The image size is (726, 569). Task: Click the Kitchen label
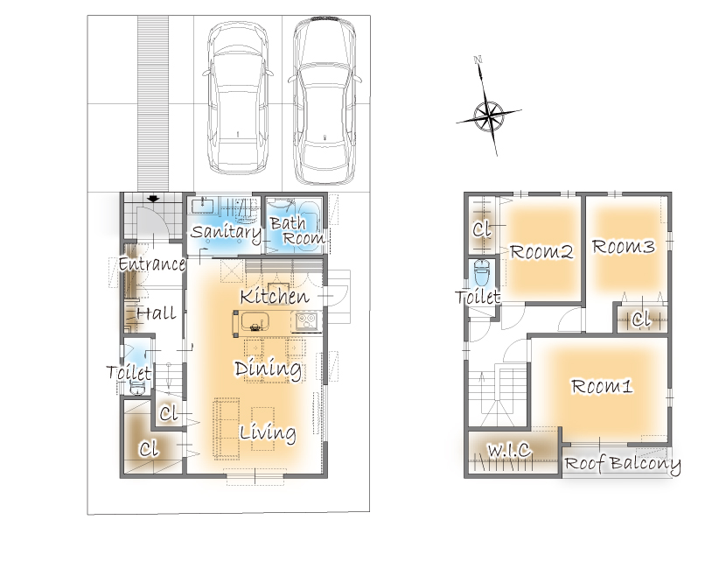(x=275, y=297)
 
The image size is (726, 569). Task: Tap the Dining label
(x=268, y=369)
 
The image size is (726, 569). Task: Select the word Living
(x=268, y=433)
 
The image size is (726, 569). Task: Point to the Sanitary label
(x=226, y=232)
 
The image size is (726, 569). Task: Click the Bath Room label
(x=297, y=231)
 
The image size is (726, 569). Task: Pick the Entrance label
(x=152, y=264)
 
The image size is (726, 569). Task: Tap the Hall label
(x=157, y=313)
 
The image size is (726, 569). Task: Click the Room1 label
(x=602, y=386)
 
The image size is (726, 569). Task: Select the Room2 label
(x=541, y=251)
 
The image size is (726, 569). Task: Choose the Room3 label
(x=623, y=247)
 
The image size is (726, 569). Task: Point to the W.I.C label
(x=509, y=450)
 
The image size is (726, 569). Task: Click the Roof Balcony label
(x=622, y=464)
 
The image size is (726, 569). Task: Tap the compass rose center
(x=489, y=115)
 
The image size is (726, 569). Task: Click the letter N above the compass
(x=478, y=60)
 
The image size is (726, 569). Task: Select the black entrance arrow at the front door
(x=153, y=199)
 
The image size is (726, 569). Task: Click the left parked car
(x=238, y=98)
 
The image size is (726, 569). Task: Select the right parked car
(x=325, y=100)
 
